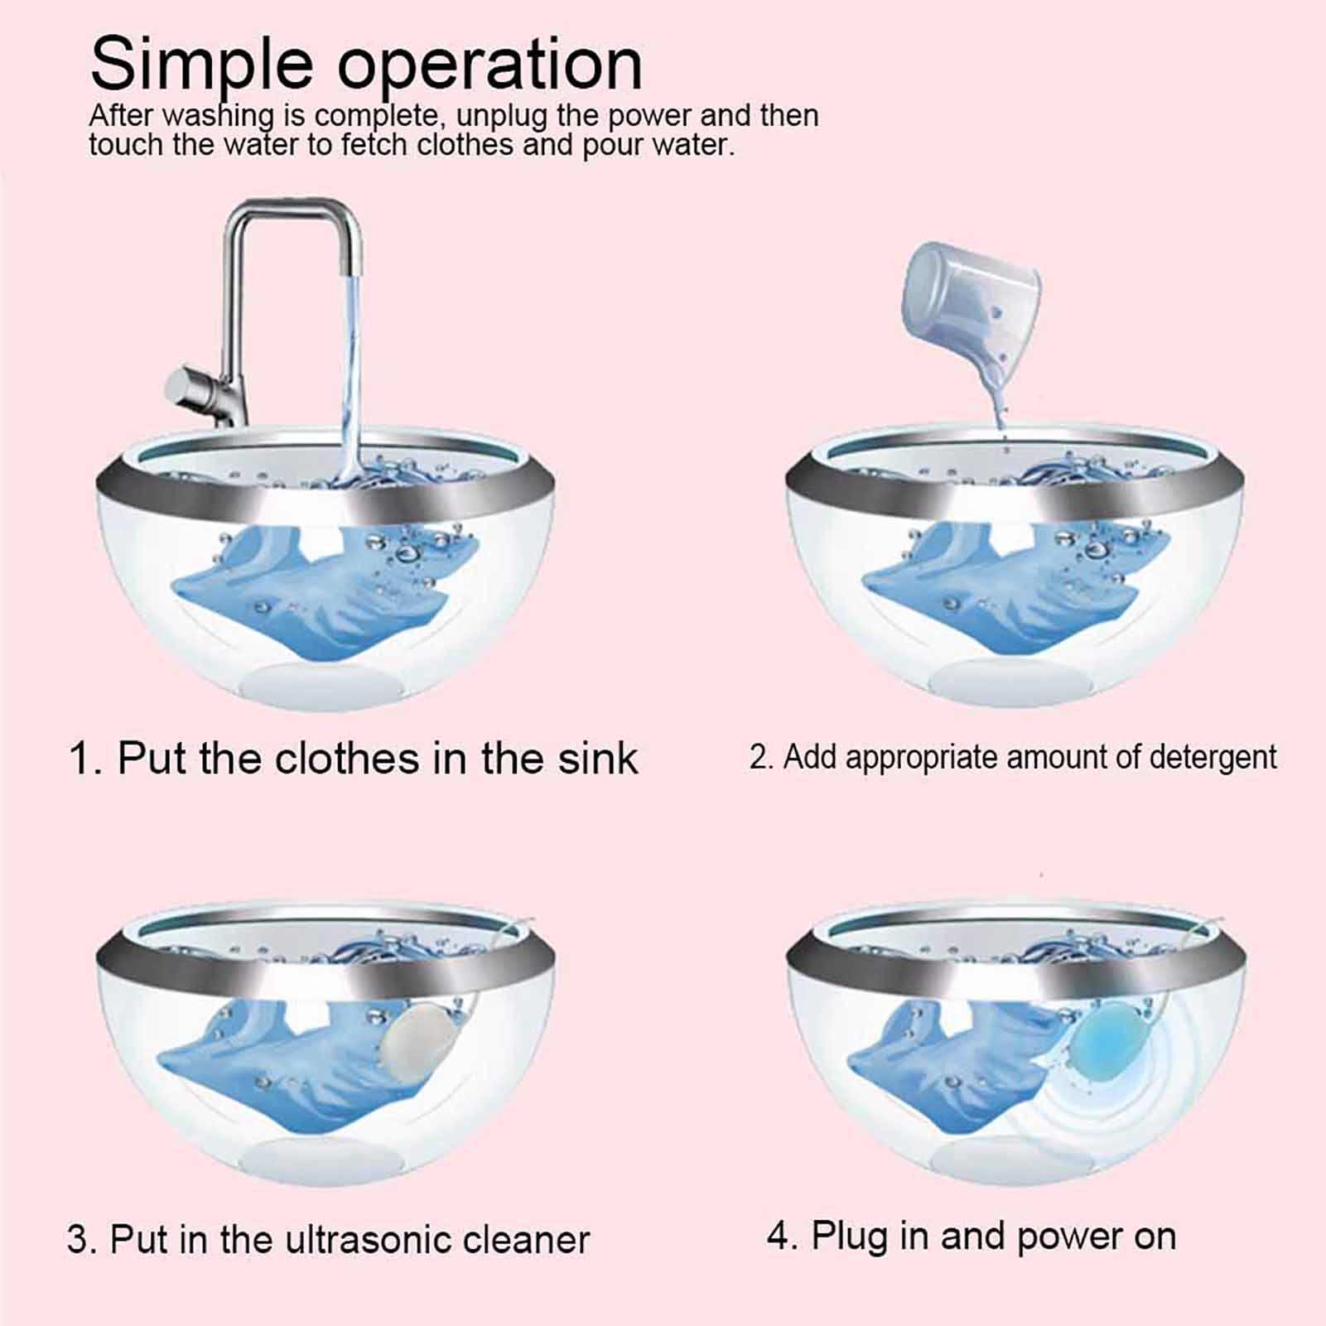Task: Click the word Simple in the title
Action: [x=201, y=65]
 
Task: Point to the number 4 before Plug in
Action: [x=779, y=1237]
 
